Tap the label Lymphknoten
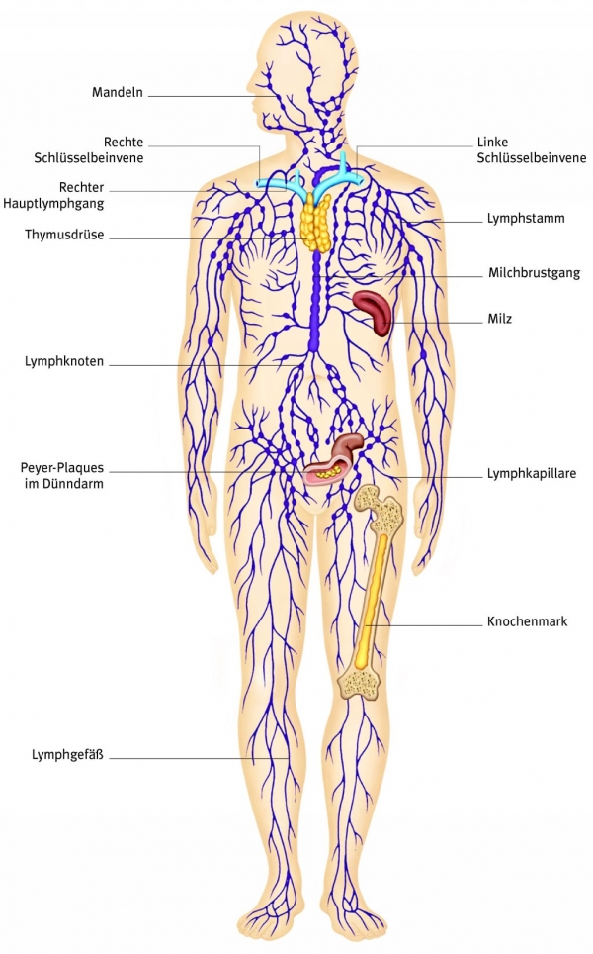64,362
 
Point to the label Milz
499,319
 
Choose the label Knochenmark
527,622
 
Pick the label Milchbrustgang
534,272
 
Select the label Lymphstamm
525,218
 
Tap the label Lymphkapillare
532,474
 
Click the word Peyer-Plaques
61,467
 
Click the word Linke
495,142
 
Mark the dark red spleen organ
374,311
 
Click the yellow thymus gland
316,221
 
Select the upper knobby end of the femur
380,508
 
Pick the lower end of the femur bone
360,682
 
